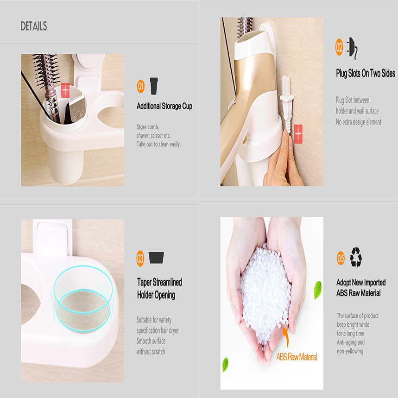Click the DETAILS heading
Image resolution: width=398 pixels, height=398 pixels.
coord(34,26)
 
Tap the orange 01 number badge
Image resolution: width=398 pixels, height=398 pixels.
coord(140,86)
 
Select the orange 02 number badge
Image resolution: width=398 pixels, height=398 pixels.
coord(339,47)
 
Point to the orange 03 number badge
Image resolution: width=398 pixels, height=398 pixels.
coord(140,259)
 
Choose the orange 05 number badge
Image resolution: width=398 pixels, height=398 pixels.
coord(341,258)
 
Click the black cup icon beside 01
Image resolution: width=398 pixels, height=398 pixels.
coord(154,86)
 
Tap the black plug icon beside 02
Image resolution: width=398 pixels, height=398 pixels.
coord(353,48)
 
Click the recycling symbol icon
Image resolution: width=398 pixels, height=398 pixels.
coord(356,258)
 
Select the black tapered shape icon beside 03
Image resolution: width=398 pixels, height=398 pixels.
coord(156,258)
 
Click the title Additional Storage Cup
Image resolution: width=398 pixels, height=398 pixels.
coord(164,106)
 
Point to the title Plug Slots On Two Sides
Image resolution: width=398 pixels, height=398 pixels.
coord(366,73)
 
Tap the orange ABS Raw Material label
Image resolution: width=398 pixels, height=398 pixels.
coord(297,357)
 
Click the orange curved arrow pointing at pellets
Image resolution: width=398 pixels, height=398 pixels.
coord(286,335)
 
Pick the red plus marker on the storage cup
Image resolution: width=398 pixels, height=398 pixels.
coord(65,90)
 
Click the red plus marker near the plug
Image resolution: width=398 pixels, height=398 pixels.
coord(298,134)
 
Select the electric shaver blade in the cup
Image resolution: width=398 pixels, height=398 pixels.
coord(77,107)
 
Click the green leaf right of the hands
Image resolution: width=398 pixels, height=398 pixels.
coord(317,290)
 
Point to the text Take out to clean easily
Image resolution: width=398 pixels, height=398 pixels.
coord(158,144)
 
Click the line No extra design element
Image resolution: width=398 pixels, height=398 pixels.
coord(359,122)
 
